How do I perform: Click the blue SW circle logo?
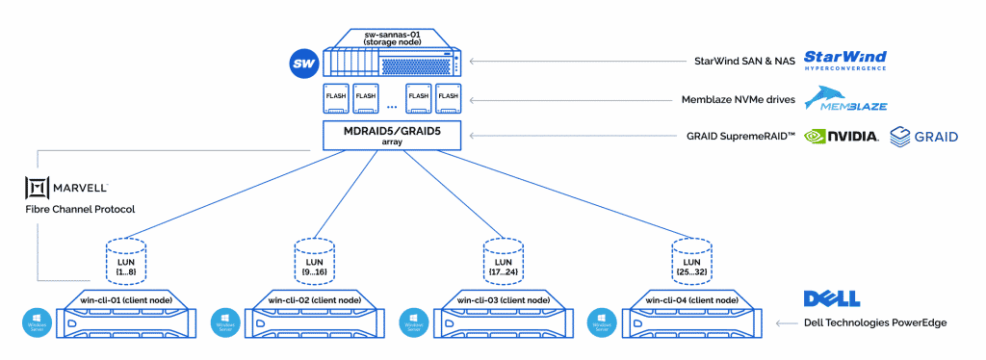304,64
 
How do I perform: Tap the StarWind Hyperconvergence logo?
844,61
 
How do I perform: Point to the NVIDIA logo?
841,137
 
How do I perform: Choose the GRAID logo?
923,137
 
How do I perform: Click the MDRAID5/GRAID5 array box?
392,135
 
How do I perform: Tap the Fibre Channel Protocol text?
79,209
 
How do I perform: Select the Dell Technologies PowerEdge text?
873,322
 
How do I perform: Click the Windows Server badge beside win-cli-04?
601,321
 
